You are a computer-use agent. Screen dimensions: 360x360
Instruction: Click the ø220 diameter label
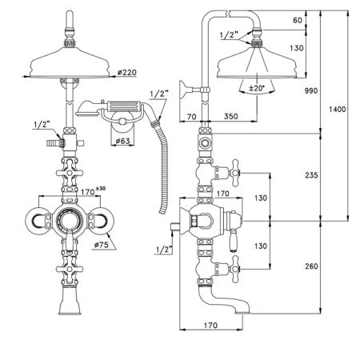point(127,72)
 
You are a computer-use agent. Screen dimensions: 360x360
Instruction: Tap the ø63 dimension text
point(123,141)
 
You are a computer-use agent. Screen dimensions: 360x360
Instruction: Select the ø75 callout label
point(102,245)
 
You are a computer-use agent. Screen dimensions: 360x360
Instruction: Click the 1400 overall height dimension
point(338,109)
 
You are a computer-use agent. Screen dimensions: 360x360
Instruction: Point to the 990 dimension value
point(311,90)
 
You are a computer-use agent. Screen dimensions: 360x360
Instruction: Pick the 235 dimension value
point(311,175)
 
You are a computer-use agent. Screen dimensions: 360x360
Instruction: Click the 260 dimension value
point(311,266)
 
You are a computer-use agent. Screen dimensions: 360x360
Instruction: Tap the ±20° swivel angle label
point(257,88)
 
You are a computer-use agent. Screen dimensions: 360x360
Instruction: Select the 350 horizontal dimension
point(231,116)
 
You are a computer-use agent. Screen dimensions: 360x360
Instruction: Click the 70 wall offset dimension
point(191,117)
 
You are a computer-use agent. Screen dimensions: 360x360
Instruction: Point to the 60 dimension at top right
point(298,20)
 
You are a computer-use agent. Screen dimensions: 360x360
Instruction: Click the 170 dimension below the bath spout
point(210,326)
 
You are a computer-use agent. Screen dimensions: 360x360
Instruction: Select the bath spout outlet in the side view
point(242,311)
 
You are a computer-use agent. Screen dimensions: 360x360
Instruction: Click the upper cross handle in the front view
point(70,173)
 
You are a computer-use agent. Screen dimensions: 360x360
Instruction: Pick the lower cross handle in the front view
point(70,270)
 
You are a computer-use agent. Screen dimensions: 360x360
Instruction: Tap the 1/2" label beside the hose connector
point(159,94)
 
